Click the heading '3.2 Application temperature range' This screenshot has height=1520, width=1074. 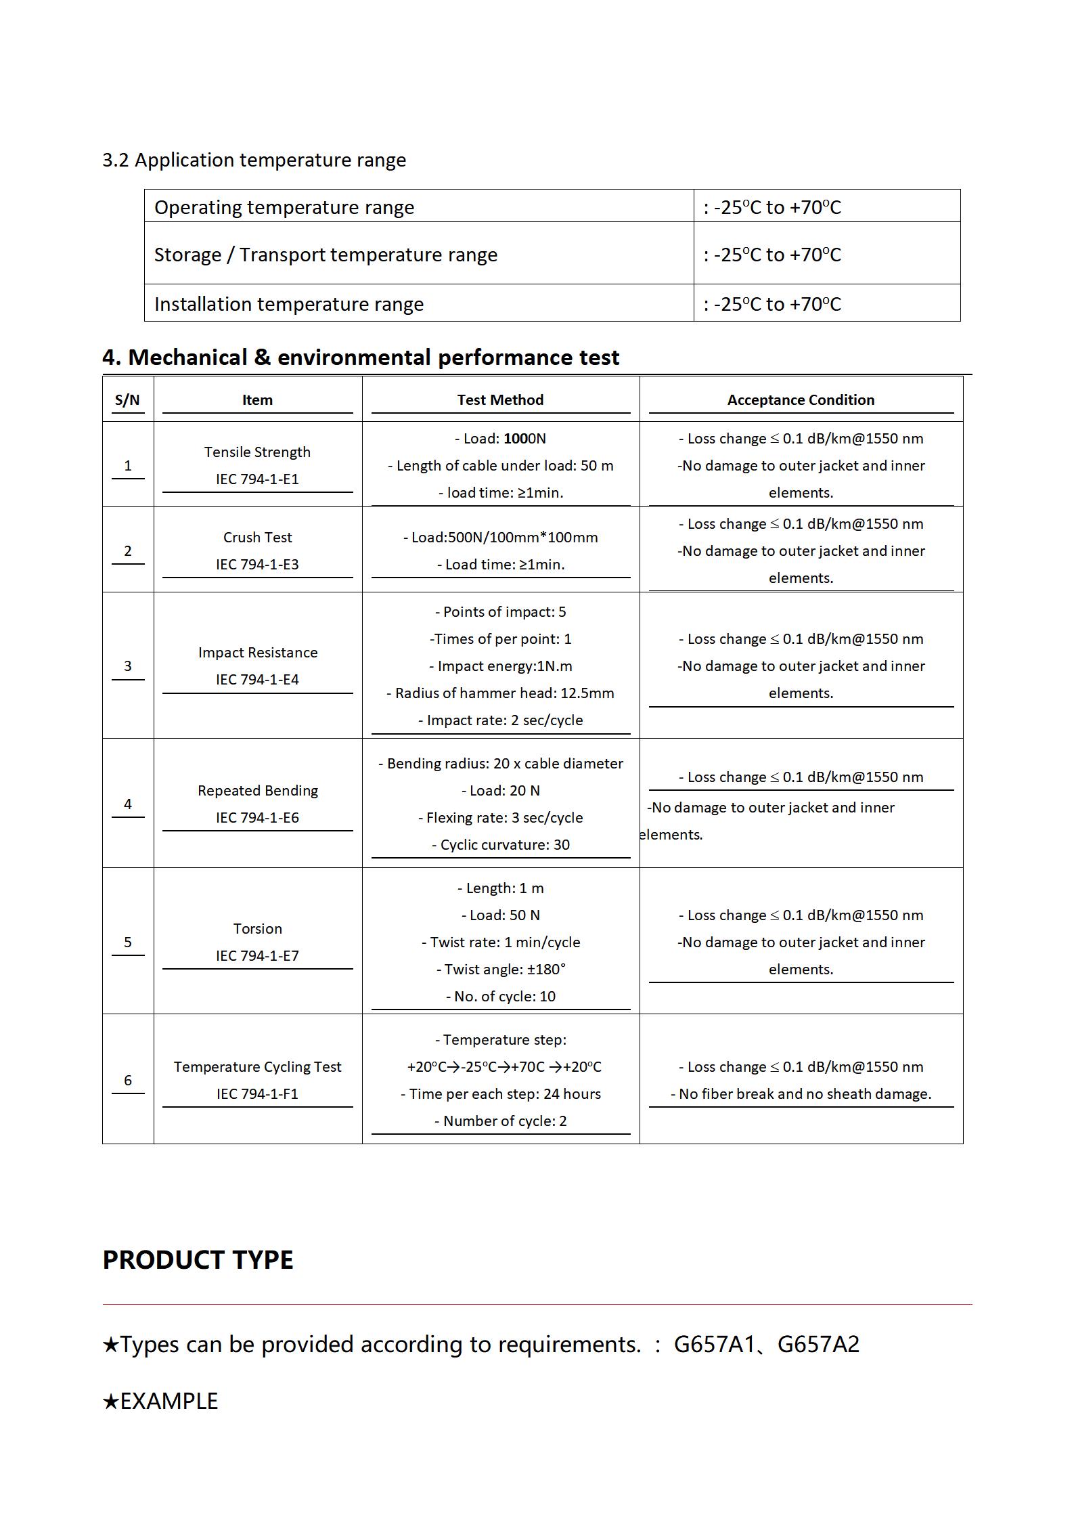click(254, 160)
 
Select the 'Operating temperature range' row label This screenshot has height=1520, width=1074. click(284, 207)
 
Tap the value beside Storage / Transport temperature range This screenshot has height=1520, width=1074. click(772, 255)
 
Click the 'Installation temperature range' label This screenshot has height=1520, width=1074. click(289, 304)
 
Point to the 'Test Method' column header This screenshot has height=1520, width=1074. click(500, 399)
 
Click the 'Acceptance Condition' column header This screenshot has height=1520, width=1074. click(801, 399)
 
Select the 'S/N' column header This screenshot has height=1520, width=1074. click(127, 399)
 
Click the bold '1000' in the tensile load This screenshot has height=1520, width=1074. click(520, 439)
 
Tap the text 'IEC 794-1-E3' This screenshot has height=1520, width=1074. click(257, 564)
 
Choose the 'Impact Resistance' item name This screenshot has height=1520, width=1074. click(257, 652)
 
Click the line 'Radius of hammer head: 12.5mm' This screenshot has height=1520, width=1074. click(501, 693)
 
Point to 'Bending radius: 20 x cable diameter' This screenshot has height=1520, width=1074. click(501, 763)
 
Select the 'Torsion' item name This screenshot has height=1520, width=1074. click(257, 928)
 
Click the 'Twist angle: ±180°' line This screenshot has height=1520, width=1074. click(501, 969)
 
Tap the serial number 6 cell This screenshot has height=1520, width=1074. click(127, 1080)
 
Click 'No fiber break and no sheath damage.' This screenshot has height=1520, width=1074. click(801, 1093)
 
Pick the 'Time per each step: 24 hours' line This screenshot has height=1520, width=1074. click(501, 1093)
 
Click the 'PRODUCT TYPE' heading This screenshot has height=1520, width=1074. click(198, 1260)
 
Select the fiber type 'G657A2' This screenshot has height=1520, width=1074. click(818, 1344)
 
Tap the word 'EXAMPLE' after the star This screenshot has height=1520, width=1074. click(169, 1401)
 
